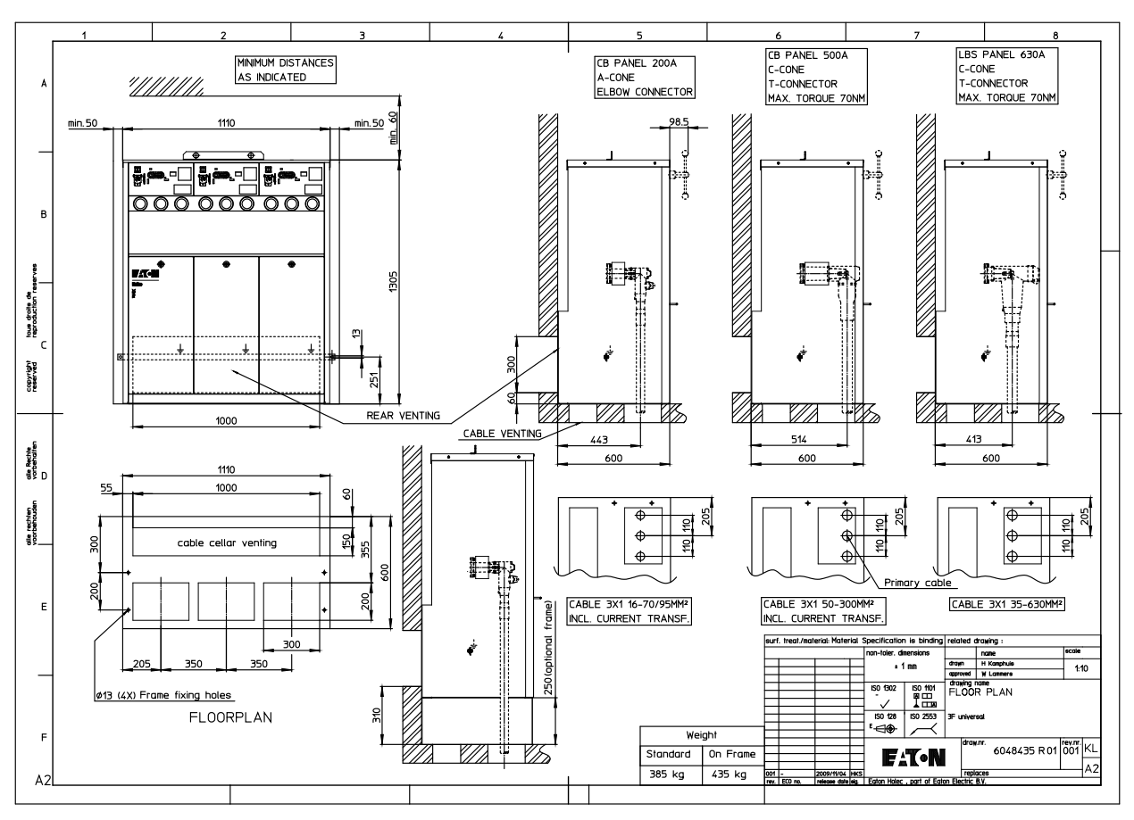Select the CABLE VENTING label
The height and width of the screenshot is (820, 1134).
click(503, 434)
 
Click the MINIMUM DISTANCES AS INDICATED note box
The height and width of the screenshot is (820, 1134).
click(285, 70)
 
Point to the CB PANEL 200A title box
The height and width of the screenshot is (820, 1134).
click(645, 78)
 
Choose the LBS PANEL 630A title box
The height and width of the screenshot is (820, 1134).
click(1005, 77)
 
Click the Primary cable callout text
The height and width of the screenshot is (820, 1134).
click(918, 584)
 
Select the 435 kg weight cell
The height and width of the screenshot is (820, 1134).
click(730, 774)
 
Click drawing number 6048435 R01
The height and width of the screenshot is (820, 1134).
click(1024, 752)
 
